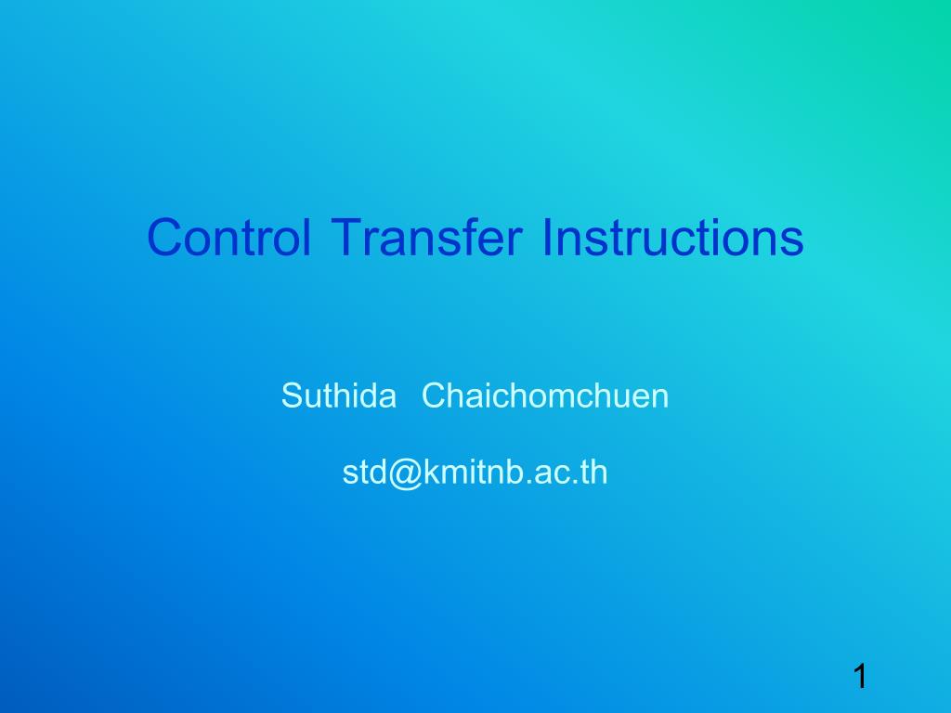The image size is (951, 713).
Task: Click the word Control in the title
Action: click(228, 238)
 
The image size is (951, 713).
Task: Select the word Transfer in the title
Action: click(426, 238)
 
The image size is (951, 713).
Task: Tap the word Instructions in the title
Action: click(672, 238)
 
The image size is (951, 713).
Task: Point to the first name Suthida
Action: click(338, 396)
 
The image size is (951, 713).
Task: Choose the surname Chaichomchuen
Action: click(545, 396)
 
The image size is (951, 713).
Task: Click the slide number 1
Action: click(860, 676)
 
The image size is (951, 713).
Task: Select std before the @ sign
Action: click(362, 473)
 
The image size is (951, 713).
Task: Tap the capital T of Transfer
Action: click(345, 238)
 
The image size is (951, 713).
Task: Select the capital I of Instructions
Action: click(546, 238)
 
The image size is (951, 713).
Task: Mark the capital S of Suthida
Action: click(292, 396)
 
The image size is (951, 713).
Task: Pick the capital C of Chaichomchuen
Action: click(433, 396)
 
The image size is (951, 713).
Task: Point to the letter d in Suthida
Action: click(369, 396)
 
